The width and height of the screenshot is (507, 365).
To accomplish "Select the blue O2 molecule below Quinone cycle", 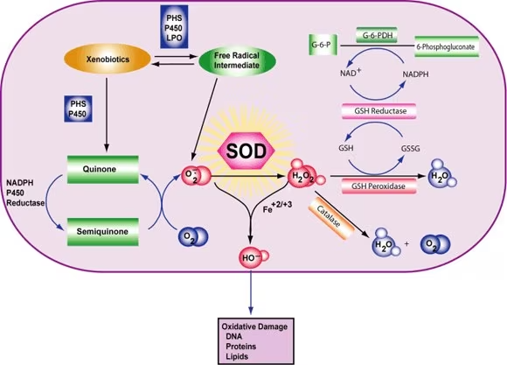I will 189,238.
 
